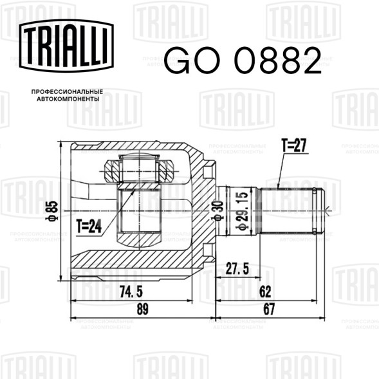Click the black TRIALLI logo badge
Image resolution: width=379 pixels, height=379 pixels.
66,46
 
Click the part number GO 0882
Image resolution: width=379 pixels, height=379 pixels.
243,60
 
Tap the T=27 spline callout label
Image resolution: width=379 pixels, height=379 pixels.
294,145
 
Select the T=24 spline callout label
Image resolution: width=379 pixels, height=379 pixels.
89,226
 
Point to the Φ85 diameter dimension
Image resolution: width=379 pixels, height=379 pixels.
52,211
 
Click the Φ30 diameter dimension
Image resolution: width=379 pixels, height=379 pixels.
217,210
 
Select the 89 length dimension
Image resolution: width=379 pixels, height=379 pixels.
142,309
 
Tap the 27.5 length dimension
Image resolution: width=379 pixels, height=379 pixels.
237,268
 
